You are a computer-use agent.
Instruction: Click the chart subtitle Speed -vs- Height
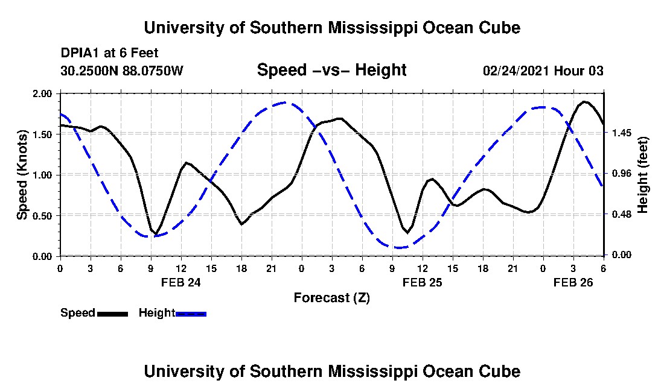331,70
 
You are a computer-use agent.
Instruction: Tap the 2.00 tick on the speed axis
44,94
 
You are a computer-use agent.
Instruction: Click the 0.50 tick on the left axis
44,215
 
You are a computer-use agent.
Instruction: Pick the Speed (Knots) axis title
22,175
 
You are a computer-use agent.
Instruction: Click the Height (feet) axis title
642,175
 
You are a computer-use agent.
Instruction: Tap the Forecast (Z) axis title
331,297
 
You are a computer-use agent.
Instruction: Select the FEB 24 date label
180,282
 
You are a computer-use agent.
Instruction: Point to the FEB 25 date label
422,282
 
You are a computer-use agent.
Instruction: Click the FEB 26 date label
573,282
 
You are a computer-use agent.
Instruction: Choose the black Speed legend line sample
112,314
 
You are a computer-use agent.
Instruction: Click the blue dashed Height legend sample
191,314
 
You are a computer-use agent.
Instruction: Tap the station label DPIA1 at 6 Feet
109,53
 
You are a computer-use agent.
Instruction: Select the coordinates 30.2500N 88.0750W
121,71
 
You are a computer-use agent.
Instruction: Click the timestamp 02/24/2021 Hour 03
543,71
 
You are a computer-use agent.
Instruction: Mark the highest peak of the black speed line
584,101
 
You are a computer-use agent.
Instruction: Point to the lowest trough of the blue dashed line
398,247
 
